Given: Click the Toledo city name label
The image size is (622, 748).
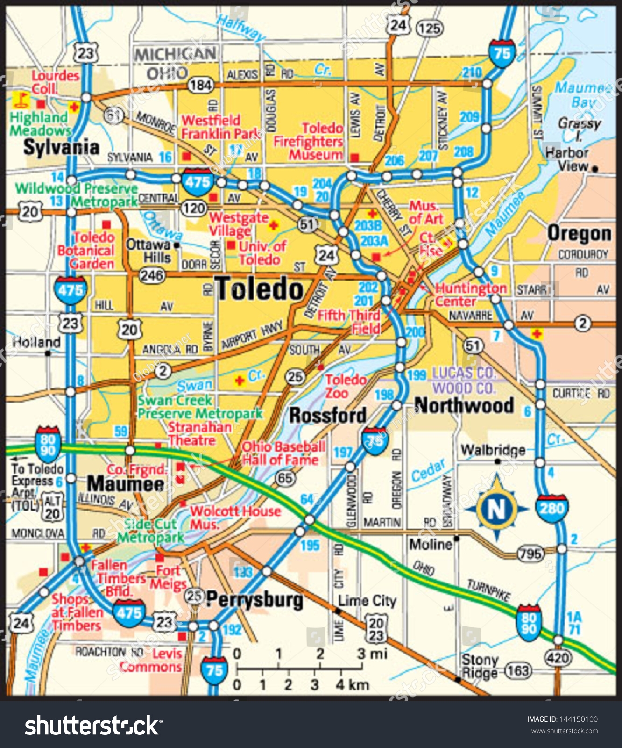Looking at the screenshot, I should (260, 289).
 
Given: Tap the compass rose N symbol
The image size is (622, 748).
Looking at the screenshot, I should (496, 508).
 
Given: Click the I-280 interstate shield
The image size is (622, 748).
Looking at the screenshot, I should (551, 508).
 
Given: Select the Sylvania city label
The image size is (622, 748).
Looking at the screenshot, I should (61, 148).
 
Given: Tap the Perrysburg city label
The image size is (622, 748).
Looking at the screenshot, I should (254, 599).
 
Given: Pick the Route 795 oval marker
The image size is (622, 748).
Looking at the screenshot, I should (531, 554).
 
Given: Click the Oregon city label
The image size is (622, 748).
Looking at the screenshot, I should (579, 234).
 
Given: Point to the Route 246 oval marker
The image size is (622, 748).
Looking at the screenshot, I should (152, 275).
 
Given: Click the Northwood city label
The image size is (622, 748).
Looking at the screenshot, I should (464, 405).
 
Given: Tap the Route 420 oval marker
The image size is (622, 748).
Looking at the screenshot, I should (558, 658).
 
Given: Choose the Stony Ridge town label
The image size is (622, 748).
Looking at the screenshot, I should (480, 666).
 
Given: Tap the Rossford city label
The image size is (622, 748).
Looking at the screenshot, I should (327, 415).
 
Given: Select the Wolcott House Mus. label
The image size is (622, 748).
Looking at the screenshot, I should (234, 517).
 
